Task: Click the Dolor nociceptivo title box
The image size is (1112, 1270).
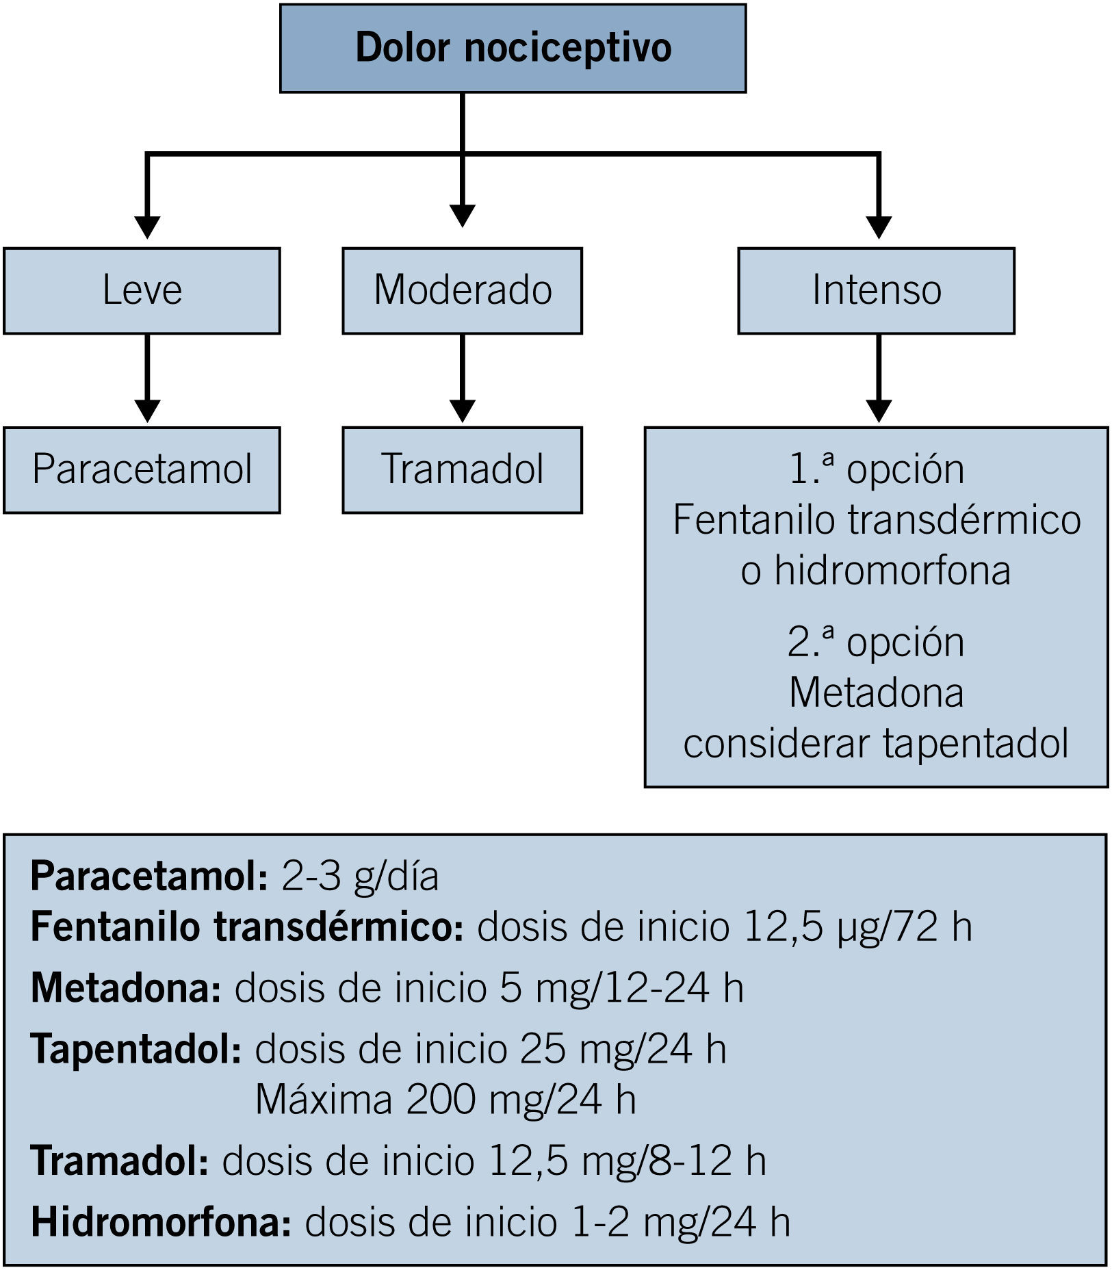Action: pyautogui.click(x=513, y=48)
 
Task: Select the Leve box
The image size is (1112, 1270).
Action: pyautogui.click(x=142, y=291)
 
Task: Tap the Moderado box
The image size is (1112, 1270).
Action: pyautogui.click(x=462, y=291)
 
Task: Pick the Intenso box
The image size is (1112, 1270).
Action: pyautogui.click(x=876, y=291)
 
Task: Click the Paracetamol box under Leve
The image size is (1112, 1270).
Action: pyautogui.click(x=142, y=470)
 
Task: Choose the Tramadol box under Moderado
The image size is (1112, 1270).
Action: pyautogui.click(x=462, y=470)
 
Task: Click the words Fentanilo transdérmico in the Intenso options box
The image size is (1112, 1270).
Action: pyautogui.click(x=877, y=520)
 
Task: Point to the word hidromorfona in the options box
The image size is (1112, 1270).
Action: pyautogui.click(x=892, y=571)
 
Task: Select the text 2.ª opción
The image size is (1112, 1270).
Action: pyautogui.click(x=876, y=643)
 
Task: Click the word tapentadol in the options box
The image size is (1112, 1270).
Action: pyautogui.click(x=975, y=744)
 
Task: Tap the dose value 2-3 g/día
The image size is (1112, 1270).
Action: pyautogui.click(x=360, y=877)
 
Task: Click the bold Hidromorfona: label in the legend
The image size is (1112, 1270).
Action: pyautogui.click(x=161, y=1222)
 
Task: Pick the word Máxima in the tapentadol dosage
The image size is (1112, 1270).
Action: pyautogui.click(x=324, y=1100)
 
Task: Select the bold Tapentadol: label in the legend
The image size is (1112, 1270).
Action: pyautogui.click(x=136, y=1049)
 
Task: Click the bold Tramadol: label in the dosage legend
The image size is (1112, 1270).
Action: pyautogui.click(x=120, y=1161)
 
